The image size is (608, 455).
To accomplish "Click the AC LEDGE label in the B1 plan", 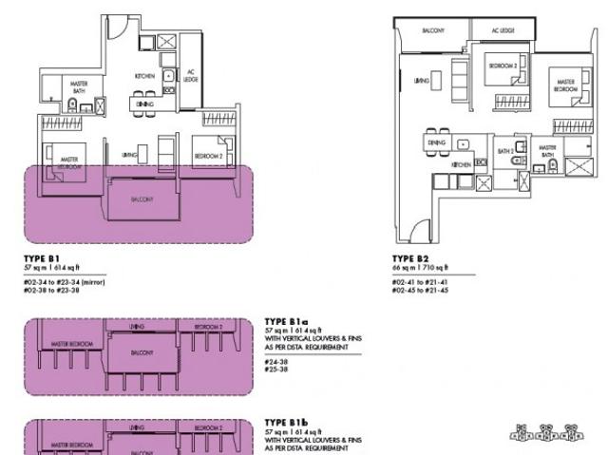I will point(190,76).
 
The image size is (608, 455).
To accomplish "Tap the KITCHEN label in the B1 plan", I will point(144,75).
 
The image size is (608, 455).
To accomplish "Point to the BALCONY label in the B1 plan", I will point(142,199).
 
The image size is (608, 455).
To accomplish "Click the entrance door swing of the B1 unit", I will point(111,27).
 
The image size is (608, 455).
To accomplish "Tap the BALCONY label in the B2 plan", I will point(433,31).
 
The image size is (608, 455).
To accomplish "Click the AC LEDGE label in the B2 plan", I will point(503,31).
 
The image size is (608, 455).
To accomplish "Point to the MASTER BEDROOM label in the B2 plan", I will point(565,86).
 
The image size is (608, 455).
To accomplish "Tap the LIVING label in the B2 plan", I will point(422,82).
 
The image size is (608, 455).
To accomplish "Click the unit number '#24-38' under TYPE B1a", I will point(275,360).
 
